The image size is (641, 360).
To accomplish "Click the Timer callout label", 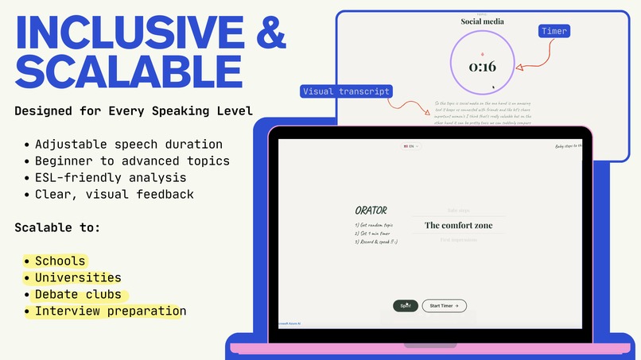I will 554,31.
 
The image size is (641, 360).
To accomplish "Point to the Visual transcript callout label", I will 346,91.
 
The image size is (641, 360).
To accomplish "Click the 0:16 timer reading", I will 482,67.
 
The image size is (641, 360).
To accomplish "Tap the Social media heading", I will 482,21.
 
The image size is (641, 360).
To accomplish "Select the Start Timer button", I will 444,305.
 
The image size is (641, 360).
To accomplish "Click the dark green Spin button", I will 406,305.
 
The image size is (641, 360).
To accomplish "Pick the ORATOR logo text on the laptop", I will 371,211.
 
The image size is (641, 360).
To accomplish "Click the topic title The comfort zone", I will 458,226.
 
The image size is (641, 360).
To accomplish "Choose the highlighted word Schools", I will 60,261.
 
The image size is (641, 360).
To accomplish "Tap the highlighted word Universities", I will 78,277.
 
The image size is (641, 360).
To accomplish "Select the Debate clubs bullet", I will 78,294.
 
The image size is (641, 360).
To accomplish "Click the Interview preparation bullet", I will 109,311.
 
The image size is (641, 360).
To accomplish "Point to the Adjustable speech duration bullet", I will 128,144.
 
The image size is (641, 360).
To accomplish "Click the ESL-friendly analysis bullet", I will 111,177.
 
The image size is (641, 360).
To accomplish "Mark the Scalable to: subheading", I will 58,227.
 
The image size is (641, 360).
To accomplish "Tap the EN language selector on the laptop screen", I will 411,146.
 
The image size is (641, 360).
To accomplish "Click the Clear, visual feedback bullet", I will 114,194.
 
